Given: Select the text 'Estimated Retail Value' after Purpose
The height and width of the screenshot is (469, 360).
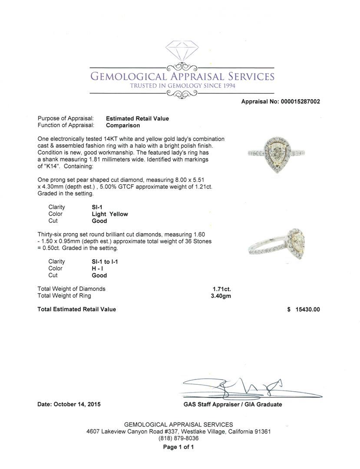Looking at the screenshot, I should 137,119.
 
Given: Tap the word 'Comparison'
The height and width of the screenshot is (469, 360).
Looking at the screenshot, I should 123,126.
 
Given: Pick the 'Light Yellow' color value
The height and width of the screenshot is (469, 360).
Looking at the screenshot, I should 110,214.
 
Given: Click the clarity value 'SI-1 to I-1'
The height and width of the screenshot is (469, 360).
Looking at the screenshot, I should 105,261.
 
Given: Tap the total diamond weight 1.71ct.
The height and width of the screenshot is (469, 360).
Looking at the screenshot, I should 221,289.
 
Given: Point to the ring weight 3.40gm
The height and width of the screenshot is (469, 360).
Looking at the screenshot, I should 221,296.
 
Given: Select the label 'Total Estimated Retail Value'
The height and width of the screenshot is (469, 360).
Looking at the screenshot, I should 77,309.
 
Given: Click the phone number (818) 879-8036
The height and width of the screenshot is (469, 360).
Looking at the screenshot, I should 178,439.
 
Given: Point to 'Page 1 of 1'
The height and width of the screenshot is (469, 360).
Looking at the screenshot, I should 178,447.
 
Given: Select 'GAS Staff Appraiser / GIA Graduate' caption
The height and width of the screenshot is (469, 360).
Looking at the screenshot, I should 233,404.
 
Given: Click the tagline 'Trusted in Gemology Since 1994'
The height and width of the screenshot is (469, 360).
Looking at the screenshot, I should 182,86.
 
